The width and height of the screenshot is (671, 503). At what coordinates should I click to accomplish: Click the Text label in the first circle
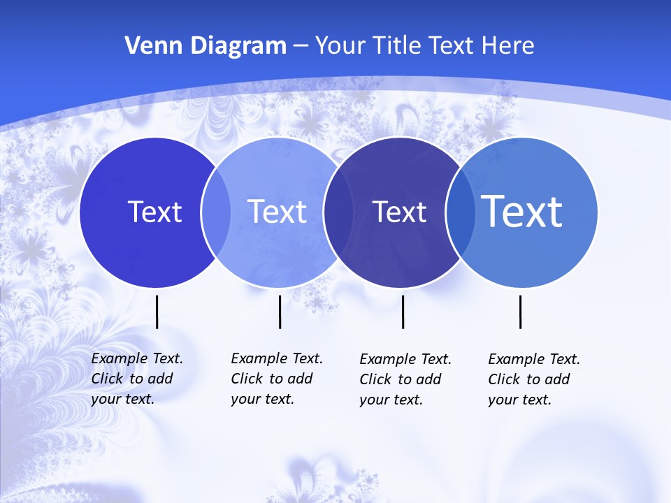pyautogui.click(x=154, y=212)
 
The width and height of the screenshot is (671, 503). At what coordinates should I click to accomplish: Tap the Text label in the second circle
pyautogui.click(x=277, y=212)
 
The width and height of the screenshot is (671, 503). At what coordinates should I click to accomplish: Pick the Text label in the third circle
pyautogui.click(x=399, y=212)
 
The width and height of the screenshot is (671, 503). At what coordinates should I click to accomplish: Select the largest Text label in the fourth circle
pyautogui.click(x=522, y=211)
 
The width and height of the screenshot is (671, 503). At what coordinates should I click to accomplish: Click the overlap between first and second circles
pyautogui.click(x=216, y=212)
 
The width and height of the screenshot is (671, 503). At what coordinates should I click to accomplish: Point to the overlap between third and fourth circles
pyautogui.click(x=461, y=212)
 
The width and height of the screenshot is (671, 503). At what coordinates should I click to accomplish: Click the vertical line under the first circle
pyautogui.click(x=157, y=312)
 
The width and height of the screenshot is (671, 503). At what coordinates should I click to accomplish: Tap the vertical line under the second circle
pyautogui.click(x=280, y=312)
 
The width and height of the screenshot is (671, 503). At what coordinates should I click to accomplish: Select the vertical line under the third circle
pyautogui.click(x=403, y=312)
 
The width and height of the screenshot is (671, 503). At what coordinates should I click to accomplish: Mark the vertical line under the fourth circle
pyautogui.click(x=520, y=312)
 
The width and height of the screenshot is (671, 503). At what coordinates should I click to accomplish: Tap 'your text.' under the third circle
pyautogui.click(x=391, y=400)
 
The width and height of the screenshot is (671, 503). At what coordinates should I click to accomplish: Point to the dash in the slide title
pyautogui.click(x=301, y=46)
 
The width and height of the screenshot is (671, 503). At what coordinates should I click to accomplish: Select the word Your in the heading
pyautogui.click(x=340, y=46)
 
